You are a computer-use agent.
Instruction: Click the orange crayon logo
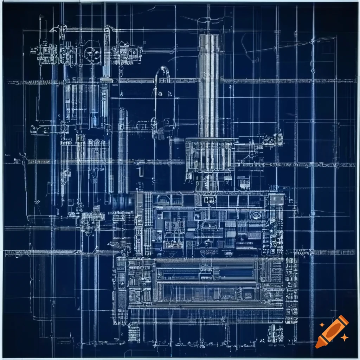[x=332, y=332]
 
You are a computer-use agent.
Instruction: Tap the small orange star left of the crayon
[x=322, y=325]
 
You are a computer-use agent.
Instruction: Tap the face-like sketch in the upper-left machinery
[x=92, y=53]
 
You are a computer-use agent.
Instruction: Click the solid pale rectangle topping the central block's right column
[x=277, y=200]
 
